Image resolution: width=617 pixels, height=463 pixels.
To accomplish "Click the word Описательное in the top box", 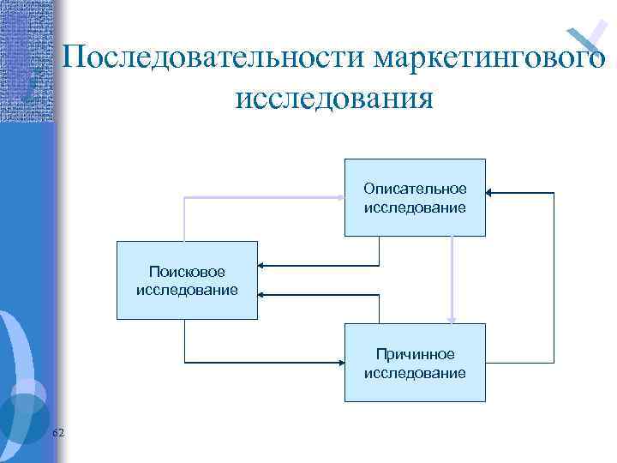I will pos(415,188).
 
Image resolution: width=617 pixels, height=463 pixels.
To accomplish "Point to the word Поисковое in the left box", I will pos(187,272).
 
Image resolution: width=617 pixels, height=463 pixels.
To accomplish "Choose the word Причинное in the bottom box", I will pos(415,354).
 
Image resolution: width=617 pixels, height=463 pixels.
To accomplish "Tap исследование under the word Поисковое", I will pos(187,290).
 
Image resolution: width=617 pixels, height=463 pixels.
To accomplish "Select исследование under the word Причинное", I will pos(415,373).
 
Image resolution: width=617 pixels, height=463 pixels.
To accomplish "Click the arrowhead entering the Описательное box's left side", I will pos(340,197).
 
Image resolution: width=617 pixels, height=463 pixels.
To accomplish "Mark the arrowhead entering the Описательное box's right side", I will pos(491,193).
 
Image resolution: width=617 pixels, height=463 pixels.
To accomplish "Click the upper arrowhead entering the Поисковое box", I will pos(262,266).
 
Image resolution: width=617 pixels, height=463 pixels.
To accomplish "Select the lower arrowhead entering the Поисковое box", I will pos(262,294).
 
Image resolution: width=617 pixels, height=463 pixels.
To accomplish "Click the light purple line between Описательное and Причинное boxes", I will pos(452,274).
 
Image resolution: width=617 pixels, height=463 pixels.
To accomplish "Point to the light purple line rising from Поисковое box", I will pos(184,219).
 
